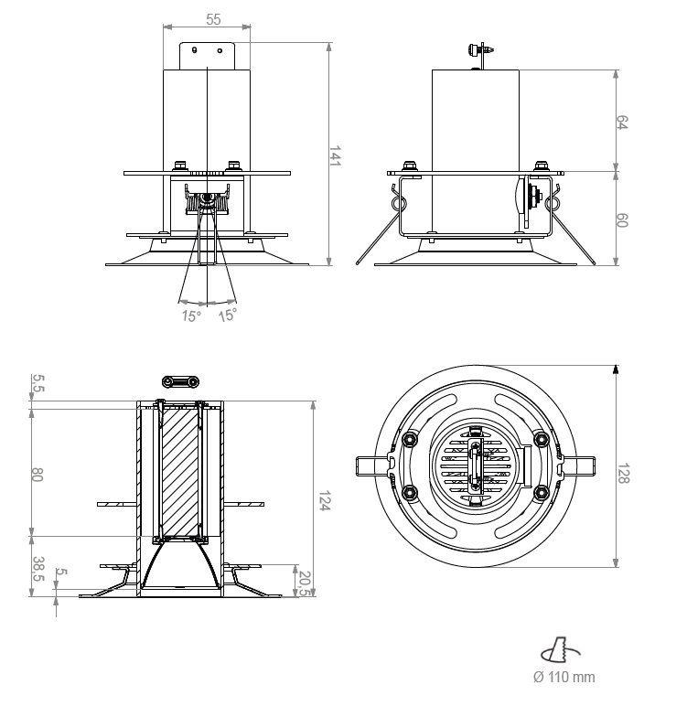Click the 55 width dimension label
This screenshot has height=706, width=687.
(213, 19)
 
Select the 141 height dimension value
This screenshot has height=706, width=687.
(335, 155)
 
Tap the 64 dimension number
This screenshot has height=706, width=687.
(622, 123)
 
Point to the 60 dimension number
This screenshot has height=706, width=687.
(622, 220)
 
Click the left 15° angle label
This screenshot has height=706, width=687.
(191, 316)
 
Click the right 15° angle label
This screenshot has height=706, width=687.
(228, 316)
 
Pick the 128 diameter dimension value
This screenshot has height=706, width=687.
(624, 474)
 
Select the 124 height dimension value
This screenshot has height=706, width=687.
(325, 500)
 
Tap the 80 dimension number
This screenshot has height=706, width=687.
(37, 474)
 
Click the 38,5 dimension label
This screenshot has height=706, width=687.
(38, 569)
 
